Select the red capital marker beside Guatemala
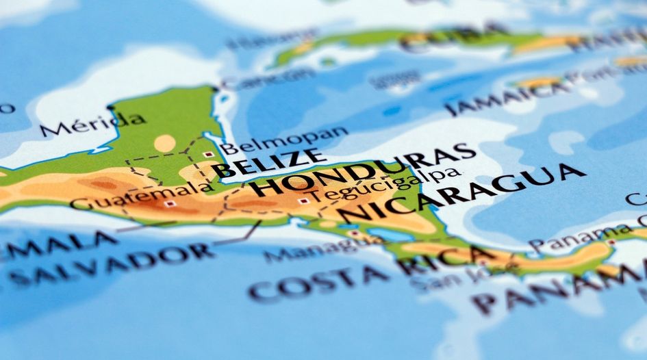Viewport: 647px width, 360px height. tap(169, 203)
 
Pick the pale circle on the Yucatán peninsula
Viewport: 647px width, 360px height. tap(164, 143)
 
